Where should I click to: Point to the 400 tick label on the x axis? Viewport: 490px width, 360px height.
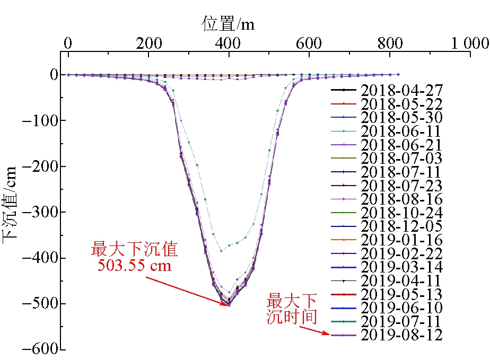click(229, 43)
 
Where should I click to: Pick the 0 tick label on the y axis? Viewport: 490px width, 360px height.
click(54, 75)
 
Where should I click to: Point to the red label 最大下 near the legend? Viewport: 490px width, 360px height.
click(291, 302)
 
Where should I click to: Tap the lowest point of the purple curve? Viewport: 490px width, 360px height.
click(229, 305)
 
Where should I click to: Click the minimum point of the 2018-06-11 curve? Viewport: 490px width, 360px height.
click(221, 251)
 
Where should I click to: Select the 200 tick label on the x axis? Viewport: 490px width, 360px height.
click(148, 43)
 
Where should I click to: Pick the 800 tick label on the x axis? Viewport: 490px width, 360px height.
click(390, 43)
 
